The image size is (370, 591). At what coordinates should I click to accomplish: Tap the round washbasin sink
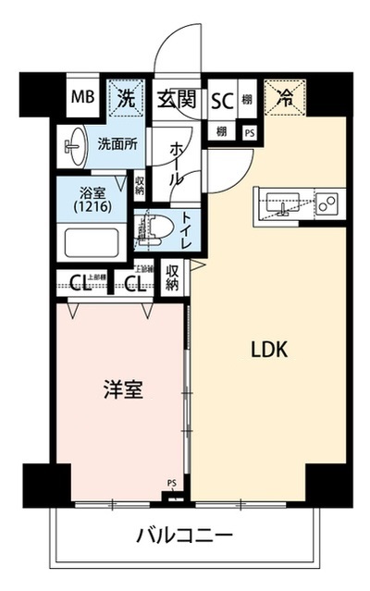pos(74,143)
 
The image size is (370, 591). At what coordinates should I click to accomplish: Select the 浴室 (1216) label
pos(93,203)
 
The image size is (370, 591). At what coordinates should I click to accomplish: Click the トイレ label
pos(186,228)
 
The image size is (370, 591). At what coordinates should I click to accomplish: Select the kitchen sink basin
pos(282,203)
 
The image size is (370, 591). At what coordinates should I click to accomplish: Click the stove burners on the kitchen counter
pos(327,203)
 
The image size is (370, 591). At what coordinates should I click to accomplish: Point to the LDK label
pos(270,350)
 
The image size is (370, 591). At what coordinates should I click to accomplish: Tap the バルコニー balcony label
pos(184,535)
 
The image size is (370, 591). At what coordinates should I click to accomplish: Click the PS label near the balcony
pos(171,483)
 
